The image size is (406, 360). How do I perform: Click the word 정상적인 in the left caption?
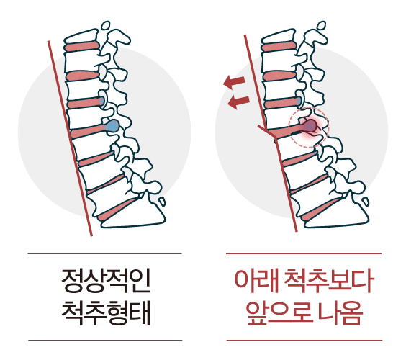tap(106, 281)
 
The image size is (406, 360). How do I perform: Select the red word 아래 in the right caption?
tap(256, 282)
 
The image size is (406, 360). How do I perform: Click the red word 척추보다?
tap(329, 282)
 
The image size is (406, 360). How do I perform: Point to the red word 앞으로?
tap(279, 313)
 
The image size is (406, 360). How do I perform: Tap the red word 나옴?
tap(340, 313)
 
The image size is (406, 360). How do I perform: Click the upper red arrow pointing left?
tap(234, 81)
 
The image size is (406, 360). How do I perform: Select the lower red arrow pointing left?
tap(238, 102)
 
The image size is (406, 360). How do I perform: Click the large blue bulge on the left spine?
tap(112, 126)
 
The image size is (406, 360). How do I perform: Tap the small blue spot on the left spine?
tap(102, 101)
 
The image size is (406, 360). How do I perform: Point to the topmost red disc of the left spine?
tap(82, 47)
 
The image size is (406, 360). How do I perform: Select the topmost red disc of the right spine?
tap(279, 47)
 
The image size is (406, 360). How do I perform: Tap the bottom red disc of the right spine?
tap(320, 209)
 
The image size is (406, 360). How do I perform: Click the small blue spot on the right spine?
tap(299, 101)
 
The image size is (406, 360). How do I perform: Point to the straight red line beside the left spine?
tap(70, 138)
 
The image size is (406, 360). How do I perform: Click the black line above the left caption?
tap(104, 254)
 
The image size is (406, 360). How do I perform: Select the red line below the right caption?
tap(304, 340)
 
